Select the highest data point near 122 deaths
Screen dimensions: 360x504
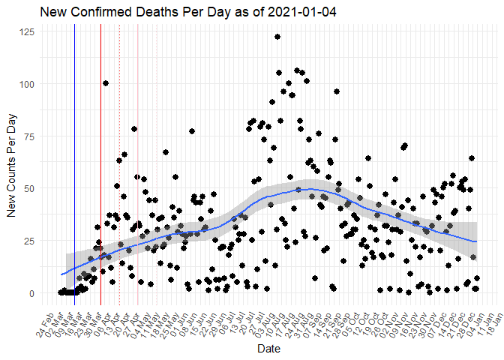[x=277, y=37]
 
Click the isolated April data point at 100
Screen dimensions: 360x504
[x=106, y=83]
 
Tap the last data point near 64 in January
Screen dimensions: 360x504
[x=472, y=158]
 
